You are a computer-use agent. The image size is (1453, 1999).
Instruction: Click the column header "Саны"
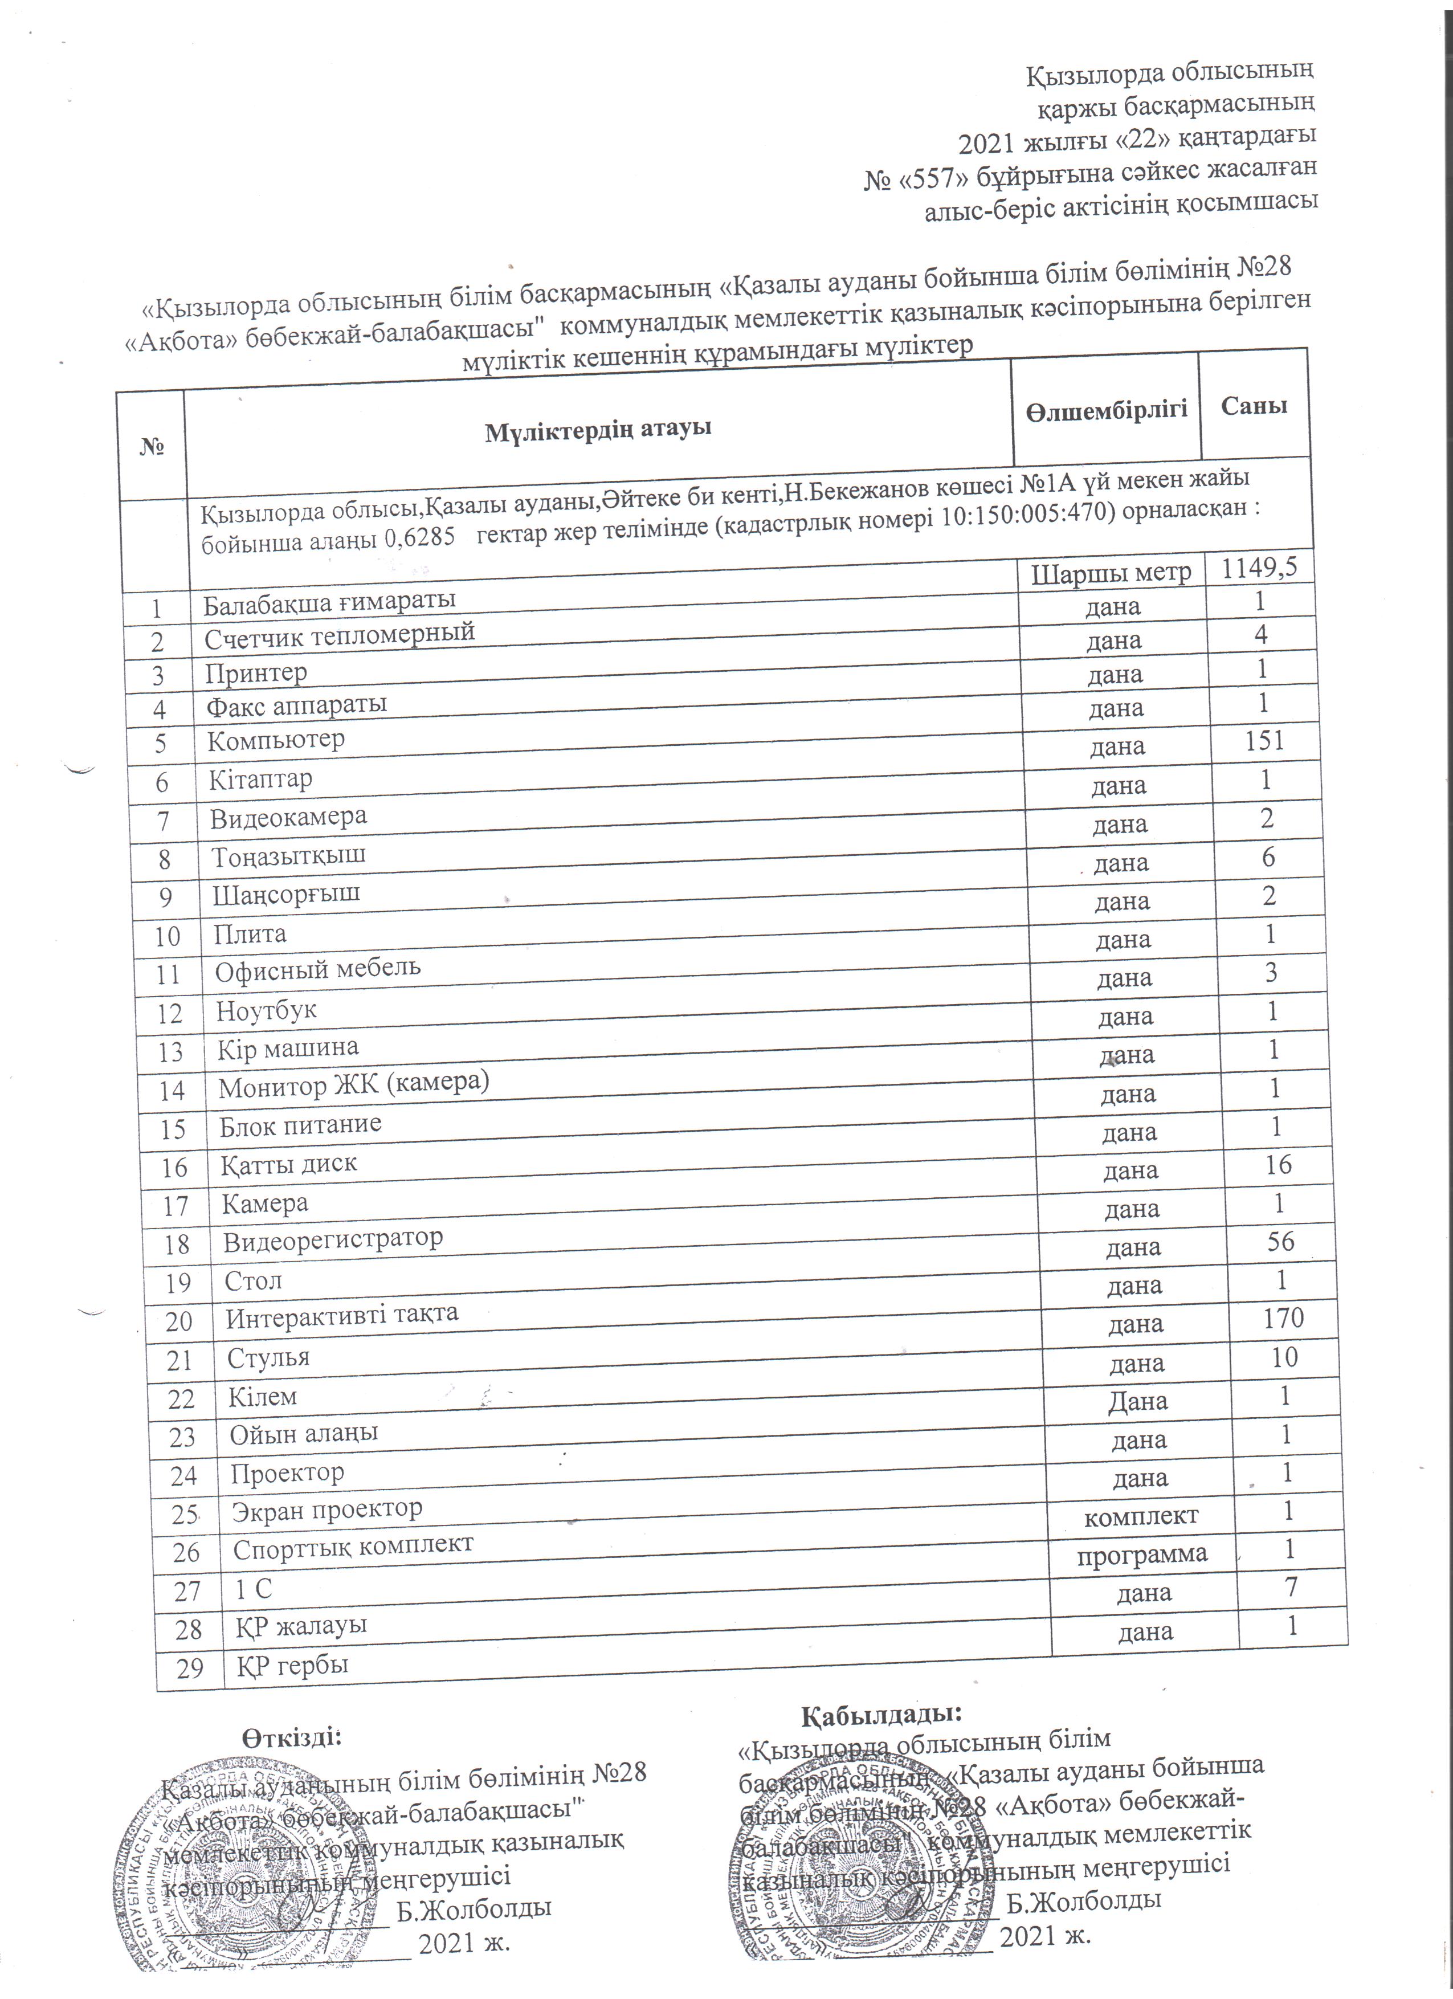pos(1254,405)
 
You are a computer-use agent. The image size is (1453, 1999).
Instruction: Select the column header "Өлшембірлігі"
pos(1106,409)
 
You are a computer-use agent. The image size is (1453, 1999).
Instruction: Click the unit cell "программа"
pos(1142,1554)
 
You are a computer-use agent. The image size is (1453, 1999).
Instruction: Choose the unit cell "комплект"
pos(1140,1515)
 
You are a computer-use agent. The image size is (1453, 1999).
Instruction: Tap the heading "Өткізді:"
pos(292,1736)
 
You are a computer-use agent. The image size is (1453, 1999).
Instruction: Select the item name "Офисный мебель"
pos(318,969)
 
